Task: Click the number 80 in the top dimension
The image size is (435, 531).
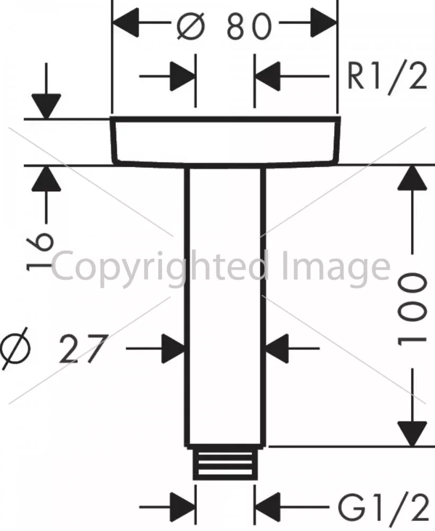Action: click(249, 26)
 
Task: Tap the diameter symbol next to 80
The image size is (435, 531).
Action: click(191, 25)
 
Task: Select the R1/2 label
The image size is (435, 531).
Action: click(387, 78)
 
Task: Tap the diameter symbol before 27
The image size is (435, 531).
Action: click(15, 348)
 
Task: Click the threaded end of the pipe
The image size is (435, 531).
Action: click(223, 463)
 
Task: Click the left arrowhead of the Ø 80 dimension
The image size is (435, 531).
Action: click(125, 23)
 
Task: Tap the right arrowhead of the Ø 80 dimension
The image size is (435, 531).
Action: click(324, 23)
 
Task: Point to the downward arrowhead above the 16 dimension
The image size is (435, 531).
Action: click(46, 106)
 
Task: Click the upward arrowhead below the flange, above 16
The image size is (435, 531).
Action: click(46, 178)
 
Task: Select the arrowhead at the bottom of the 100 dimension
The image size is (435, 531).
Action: click(412, 434)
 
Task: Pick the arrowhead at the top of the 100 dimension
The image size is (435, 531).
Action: click(412, 177)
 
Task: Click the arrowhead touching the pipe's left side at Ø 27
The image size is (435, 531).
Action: click(173, 348)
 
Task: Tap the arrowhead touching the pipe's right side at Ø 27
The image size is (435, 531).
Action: click(277, 348)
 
